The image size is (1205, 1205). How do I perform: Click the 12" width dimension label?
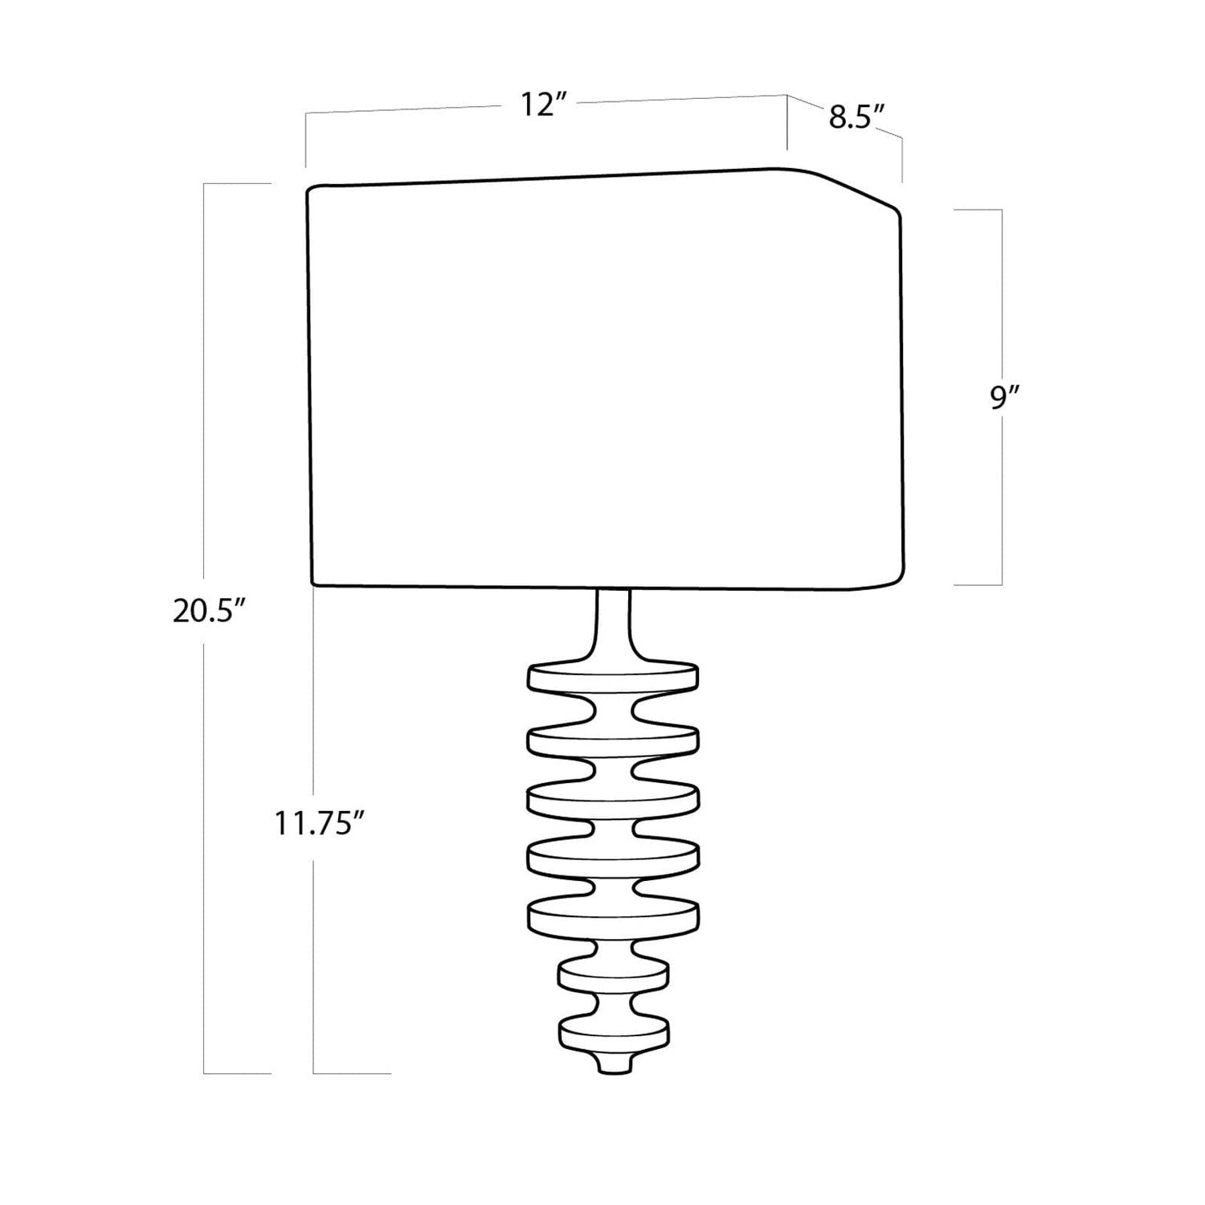pyautogui.click(x=543, y=105)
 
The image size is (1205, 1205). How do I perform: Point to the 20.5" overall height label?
pyautogui.click(x=208, y=612)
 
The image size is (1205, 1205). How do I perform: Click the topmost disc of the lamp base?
pyautogui.click(x=612, y=676)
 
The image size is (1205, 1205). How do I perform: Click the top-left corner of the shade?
pyautogui.click(x=309, y=191)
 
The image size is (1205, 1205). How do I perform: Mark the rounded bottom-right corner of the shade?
pyautogui.click(x=893, y=577)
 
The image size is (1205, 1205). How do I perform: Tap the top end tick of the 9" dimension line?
pyautogui.click(x=978, y=210)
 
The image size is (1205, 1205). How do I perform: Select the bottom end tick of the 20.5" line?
pyautogui.click(x=237, y=1072)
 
